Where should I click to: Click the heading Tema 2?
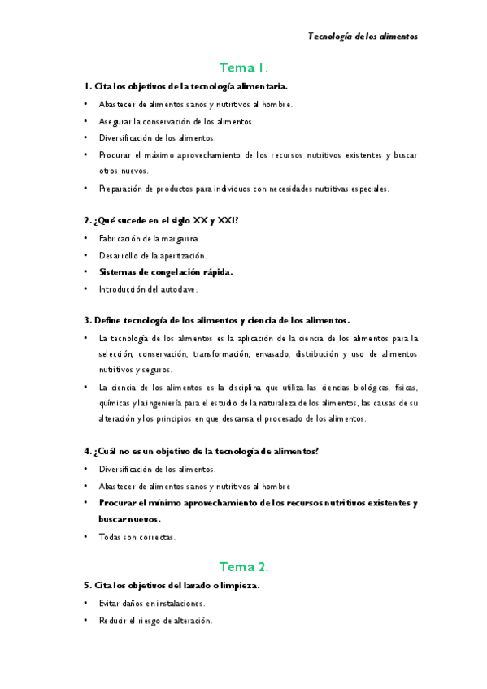click(244, 567)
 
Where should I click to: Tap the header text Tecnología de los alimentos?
click(363, 37)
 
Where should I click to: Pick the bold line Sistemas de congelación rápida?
click(166, 272)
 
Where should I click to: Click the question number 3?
click(86, 320)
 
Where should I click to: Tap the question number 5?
click(86, 585)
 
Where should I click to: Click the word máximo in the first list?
click(169, 154)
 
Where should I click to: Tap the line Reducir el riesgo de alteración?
click(155, 621)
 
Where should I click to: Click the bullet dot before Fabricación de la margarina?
click(86, 238)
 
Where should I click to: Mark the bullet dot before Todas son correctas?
click(86, 536)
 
